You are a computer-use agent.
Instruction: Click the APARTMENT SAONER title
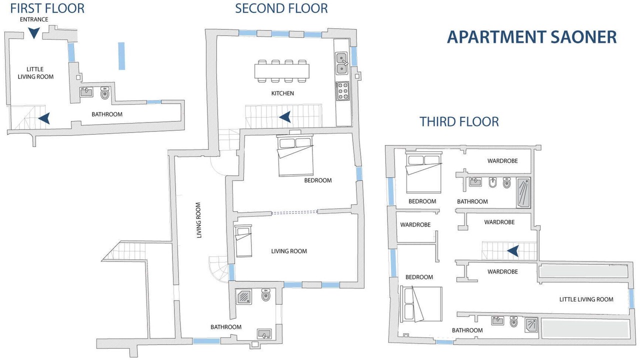pos(531,37)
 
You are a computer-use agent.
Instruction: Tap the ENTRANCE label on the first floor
pos(34,19)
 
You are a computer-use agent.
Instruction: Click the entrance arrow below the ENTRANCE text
pos(33,33)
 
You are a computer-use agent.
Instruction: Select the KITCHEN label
pos(282,93)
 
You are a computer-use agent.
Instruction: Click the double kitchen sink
pos(341,63)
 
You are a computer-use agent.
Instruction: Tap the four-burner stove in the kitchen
pos(342,91)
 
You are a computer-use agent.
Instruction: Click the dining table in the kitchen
pos(281,71)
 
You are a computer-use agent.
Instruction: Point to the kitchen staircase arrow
pos(285,117)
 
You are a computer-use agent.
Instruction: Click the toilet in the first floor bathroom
pos(105,93)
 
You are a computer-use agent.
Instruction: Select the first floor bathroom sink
pos(86,92)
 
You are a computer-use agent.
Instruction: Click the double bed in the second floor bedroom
pos(295,155)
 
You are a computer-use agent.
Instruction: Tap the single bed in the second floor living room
pos(243,240)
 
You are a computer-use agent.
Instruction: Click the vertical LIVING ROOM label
pos(199,220)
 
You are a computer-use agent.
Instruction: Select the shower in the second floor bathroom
pos(244,296)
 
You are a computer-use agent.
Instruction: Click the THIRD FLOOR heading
pos(459,121)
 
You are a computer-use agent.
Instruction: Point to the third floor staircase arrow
pos(513,251)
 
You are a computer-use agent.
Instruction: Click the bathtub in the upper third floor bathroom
pos(523,192)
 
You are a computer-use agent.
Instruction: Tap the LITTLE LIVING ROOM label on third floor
pos(586,299)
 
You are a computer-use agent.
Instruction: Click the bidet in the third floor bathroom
pos(492,182)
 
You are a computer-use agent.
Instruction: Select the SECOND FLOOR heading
pos(281,8)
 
